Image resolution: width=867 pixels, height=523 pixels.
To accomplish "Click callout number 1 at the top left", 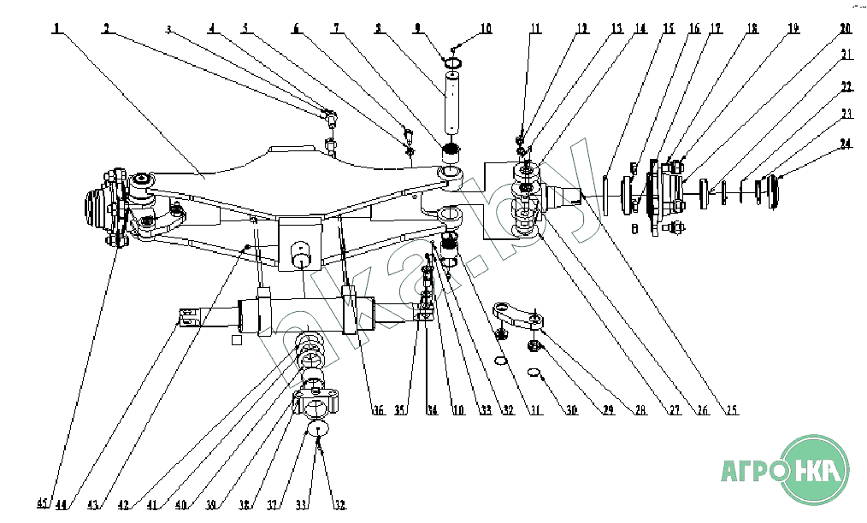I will click(56, 28).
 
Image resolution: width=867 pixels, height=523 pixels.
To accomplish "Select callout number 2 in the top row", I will click(106, 28).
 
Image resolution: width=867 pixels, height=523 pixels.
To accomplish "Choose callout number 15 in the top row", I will click(668, 28).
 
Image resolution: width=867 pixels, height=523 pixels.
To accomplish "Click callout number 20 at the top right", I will click(845, 28).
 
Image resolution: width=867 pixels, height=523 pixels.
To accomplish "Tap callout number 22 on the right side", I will click(845, 87).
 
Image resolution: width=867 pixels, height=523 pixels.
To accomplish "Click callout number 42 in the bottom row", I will click(125, 505).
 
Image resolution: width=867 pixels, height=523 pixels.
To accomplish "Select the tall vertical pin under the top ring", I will click(451, 107).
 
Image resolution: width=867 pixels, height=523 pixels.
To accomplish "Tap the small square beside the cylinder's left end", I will click(236, 339).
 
